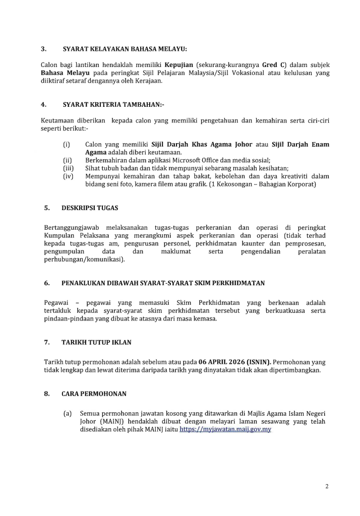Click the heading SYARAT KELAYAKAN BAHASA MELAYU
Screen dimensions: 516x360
125,49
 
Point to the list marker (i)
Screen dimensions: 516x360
67,145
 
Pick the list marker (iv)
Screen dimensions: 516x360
68,176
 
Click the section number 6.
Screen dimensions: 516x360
46,283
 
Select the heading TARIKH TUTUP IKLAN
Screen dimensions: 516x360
96,342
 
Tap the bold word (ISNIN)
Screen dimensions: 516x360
258,362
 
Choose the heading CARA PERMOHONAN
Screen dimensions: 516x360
94,394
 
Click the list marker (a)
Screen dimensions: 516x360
67,413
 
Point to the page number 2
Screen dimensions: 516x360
327,486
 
